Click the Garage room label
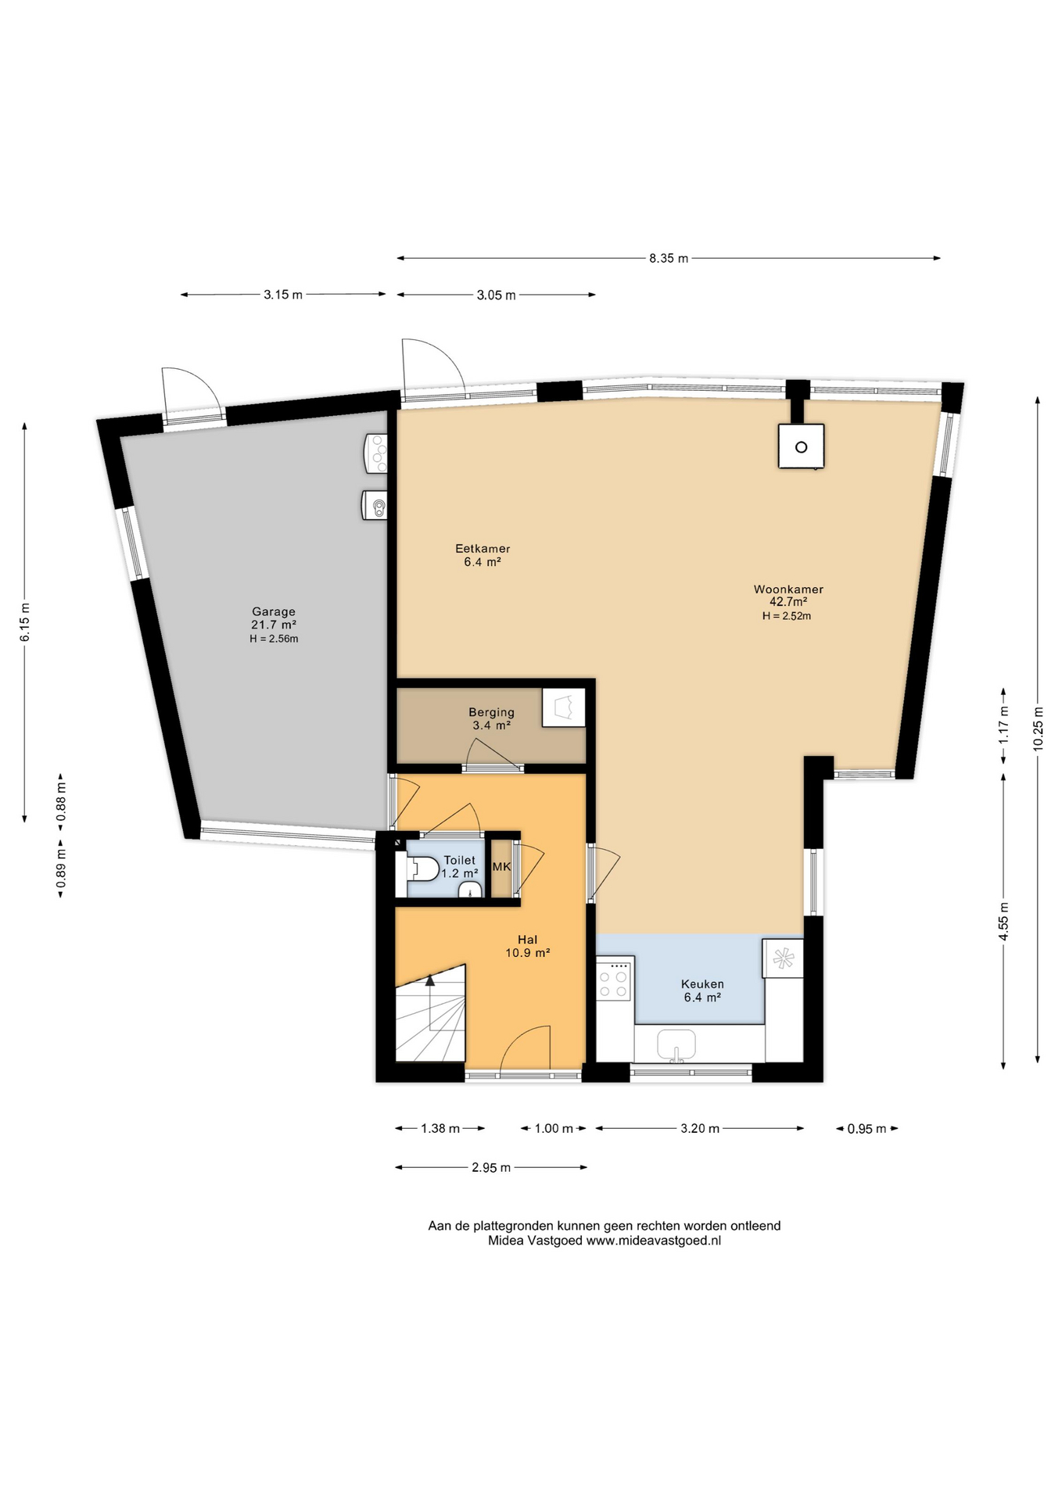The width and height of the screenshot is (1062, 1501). [274, 611]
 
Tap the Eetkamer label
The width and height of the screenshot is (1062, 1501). [483, 549]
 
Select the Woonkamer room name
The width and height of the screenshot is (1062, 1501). [788, 589]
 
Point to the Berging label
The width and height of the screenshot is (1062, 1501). [491, 712]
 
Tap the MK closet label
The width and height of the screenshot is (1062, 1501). [501, 866]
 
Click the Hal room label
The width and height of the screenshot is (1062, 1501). [528, 940]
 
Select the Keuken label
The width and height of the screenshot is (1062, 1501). [702, 984]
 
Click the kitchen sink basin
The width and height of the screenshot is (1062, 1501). [676, 1044]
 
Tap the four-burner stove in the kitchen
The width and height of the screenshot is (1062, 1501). [615, 980]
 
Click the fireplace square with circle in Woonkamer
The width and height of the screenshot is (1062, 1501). [801, 446]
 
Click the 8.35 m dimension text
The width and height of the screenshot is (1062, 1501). [669, 258]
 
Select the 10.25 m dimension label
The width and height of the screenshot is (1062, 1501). [1038, 729]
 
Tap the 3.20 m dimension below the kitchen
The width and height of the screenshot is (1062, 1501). [699, 1128]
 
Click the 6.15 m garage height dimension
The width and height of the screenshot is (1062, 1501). [25, 622]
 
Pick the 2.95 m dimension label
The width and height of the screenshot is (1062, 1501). [491, 1167]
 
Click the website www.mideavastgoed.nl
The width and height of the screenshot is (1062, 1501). [654, 1240]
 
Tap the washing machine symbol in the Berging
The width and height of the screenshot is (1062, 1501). [564, 708]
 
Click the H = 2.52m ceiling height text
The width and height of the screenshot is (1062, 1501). [787, 616]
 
